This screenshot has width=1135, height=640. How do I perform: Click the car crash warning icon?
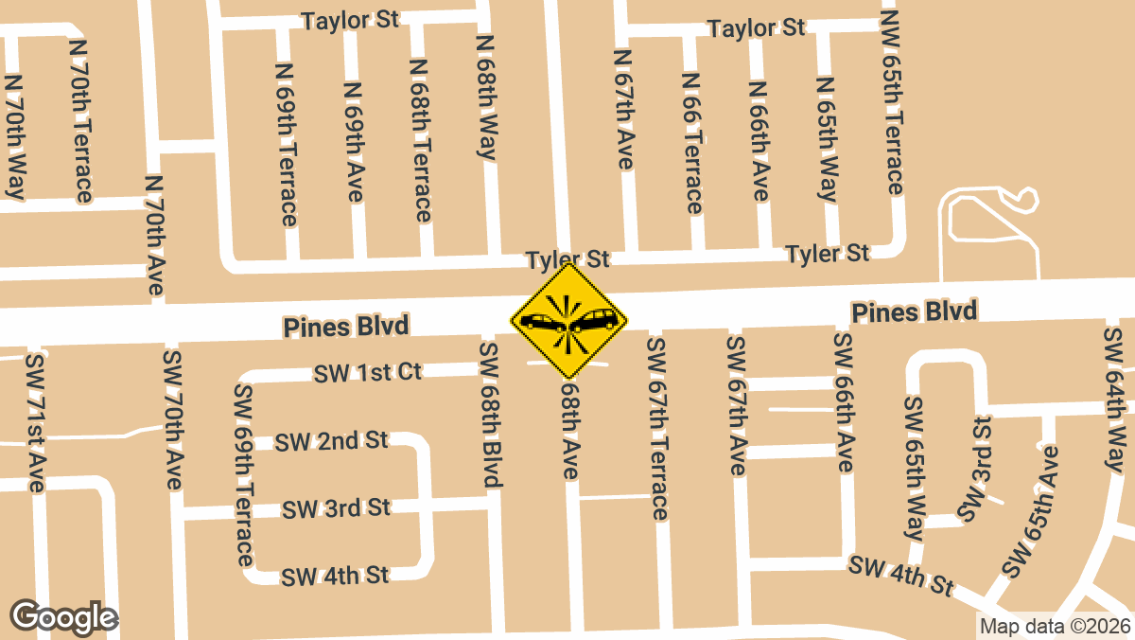pos(568,321)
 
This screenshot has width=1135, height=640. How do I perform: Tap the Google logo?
pos(64,617)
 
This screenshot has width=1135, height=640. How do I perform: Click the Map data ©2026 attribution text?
pos(1055,626)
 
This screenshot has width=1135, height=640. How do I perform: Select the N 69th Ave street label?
pos(354,142)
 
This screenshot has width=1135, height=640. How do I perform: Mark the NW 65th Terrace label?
pos(893,100)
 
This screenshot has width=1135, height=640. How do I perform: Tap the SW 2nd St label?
pos(333,440)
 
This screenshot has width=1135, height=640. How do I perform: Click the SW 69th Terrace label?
pos(244,473)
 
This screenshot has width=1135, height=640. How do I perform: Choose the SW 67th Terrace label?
pos(657,427)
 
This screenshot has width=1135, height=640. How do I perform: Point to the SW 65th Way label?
pos(915,468)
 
